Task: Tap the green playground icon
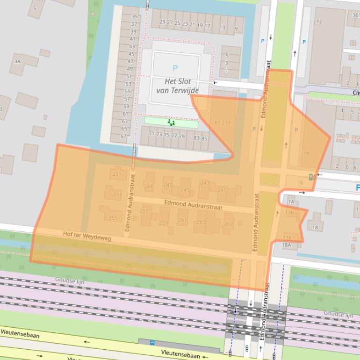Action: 171,122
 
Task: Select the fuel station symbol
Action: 312,177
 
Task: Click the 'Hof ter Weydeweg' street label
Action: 87,237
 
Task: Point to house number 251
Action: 117,174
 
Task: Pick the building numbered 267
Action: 228,223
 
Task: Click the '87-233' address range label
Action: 222,122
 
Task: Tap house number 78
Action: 306,153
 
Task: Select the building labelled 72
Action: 319,22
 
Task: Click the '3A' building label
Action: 18,61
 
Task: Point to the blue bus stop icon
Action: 152,342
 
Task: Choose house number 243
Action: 204,183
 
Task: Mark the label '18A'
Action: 286,245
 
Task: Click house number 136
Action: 289,213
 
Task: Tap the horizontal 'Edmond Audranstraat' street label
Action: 193,204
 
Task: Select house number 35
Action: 135,17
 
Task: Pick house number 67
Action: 123,136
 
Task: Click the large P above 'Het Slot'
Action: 175,68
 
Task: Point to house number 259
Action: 163,223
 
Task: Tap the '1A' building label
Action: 291,202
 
